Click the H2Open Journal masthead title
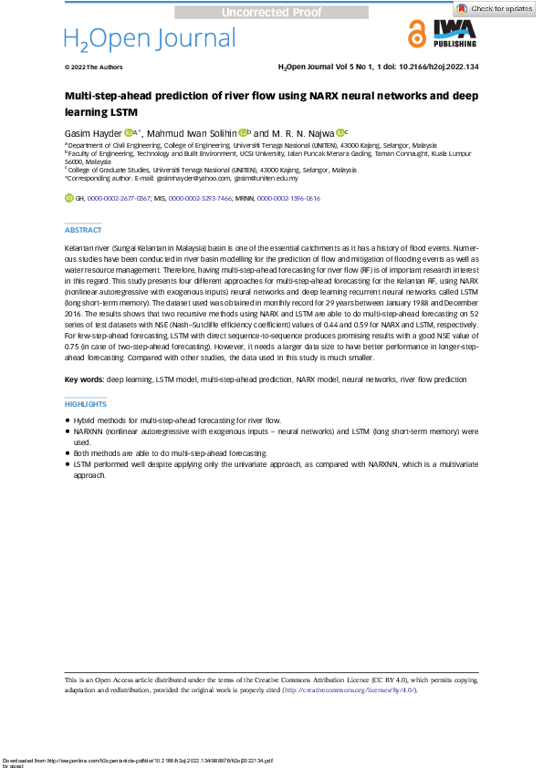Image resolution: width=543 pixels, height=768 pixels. (150, 38)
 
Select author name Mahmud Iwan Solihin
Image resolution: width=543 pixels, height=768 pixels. (192, 131)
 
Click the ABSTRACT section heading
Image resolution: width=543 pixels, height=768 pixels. (83, 230)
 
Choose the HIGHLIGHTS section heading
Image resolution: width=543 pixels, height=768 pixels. (85, 404)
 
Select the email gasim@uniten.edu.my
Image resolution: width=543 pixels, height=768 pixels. (266, 179)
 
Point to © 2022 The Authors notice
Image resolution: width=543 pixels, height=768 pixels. (93, 67)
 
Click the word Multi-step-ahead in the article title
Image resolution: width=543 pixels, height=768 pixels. (106, 95)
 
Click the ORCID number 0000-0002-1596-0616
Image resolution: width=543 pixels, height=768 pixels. (288, 197)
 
